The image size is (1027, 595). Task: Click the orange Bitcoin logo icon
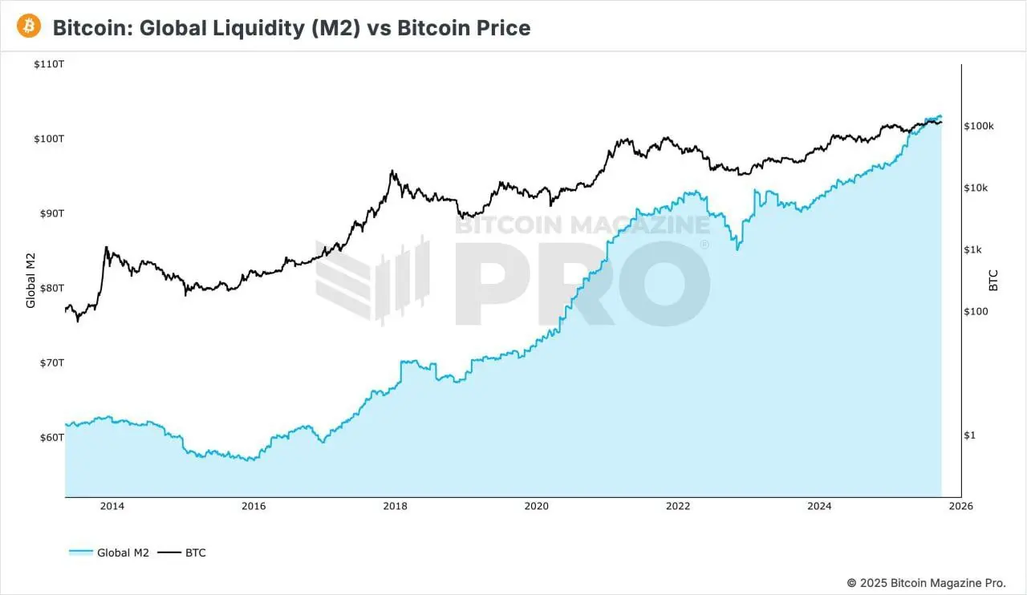pos(30,26)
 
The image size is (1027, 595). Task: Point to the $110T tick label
pos(49,64)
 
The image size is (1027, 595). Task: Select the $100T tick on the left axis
pos(49,139)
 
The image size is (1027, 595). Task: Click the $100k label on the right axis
pos(979,126)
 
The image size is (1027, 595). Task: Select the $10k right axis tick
pos(976,188)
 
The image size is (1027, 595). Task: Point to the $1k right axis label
pos(973,249)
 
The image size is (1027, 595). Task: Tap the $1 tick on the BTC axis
pos(969,435)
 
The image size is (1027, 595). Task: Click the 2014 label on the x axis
pos(112,506)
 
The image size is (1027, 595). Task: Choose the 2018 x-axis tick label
pos(395,506)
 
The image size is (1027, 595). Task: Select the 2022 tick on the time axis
pos(678,506)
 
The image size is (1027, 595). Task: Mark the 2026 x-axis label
pos(960,506)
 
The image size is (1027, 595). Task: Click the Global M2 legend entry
pos(109,552)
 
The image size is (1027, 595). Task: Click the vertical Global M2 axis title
pos(31,280)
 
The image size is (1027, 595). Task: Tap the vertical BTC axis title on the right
pos(994,280)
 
